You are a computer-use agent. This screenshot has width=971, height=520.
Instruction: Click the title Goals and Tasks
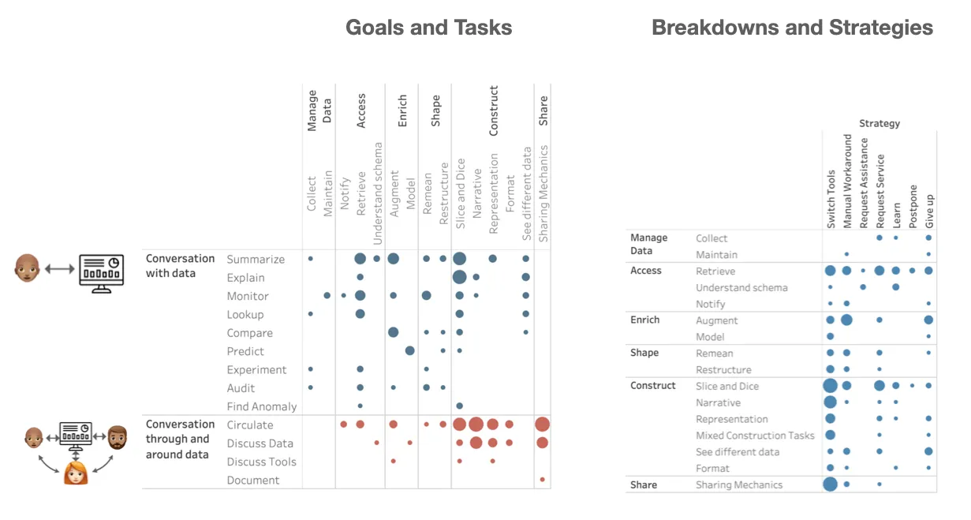(x=428, y=28)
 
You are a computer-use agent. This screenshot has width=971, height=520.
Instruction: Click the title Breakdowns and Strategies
(x=792, y=28)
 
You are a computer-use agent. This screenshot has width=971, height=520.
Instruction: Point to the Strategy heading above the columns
(x=879, y=123)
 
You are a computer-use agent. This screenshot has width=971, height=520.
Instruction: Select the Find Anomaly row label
(x=262, y=407)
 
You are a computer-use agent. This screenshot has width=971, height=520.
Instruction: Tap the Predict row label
(x=245, y=352)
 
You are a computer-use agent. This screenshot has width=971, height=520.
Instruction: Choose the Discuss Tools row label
(x=262, y=462)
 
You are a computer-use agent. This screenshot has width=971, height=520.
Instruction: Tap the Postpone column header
(x=913, y=206)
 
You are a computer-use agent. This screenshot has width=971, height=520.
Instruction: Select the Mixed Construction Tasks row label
(x=755, y=436)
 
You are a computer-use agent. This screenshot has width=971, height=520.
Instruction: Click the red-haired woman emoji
(x=76, y=472)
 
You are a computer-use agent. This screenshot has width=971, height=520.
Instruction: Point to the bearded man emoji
(x=117, y=436)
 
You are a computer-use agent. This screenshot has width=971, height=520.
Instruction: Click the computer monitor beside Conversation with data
(x=101, y=271)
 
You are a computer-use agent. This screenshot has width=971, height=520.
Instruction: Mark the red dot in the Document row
(x=543, y=480)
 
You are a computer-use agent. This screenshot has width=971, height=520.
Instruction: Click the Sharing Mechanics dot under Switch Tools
(x=830, y=484)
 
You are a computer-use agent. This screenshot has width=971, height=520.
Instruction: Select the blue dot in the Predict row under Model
(x=410, y=351)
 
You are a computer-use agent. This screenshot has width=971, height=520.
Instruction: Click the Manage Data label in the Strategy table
(x=648, y=244)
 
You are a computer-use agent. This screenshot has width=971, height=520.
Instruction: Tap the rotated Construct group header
(x=494, y=110)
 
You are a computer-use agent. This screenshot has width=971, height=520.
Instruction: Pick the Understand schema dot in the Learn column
(x=896, y=287)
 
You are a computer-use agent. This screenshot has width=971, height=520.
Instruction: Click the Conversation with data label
(x=180, y=266)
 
